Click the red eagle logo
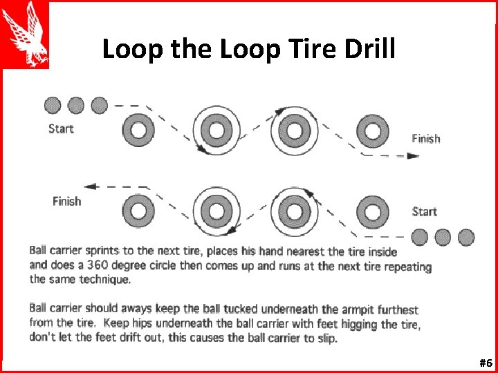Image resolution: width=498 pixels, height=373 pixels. [25, 34]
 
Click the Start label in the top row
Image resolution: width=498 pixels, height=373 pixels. [61, 128]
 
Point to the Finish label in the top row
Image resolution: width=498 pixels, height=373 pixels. [425, 138]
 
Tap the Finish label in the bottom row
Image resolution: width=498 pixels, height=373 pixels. [67, 201]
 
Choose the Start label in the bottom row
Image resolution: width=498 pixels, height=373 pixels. [424, 211]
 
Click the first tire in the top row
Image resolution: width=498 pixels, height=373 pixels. [138, 129]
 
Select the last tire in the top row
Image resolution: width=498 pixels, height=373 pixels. [373, 129]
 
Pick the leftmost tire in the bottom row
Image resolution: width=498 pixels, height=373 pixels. [138, 210]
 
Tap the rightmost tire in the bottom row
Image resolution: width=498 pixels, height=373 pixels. [373, 210]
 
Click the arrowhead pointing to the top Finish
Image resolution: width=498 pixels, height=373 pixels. [413, 155]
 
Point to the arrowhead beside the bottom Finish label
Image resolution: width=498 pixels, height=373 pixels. [89, 186]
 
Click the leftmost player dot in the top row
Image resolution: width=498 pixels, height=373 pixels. [53, 105]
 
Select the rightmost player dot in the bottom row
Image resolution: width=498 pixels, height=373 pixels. [466, 238]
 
